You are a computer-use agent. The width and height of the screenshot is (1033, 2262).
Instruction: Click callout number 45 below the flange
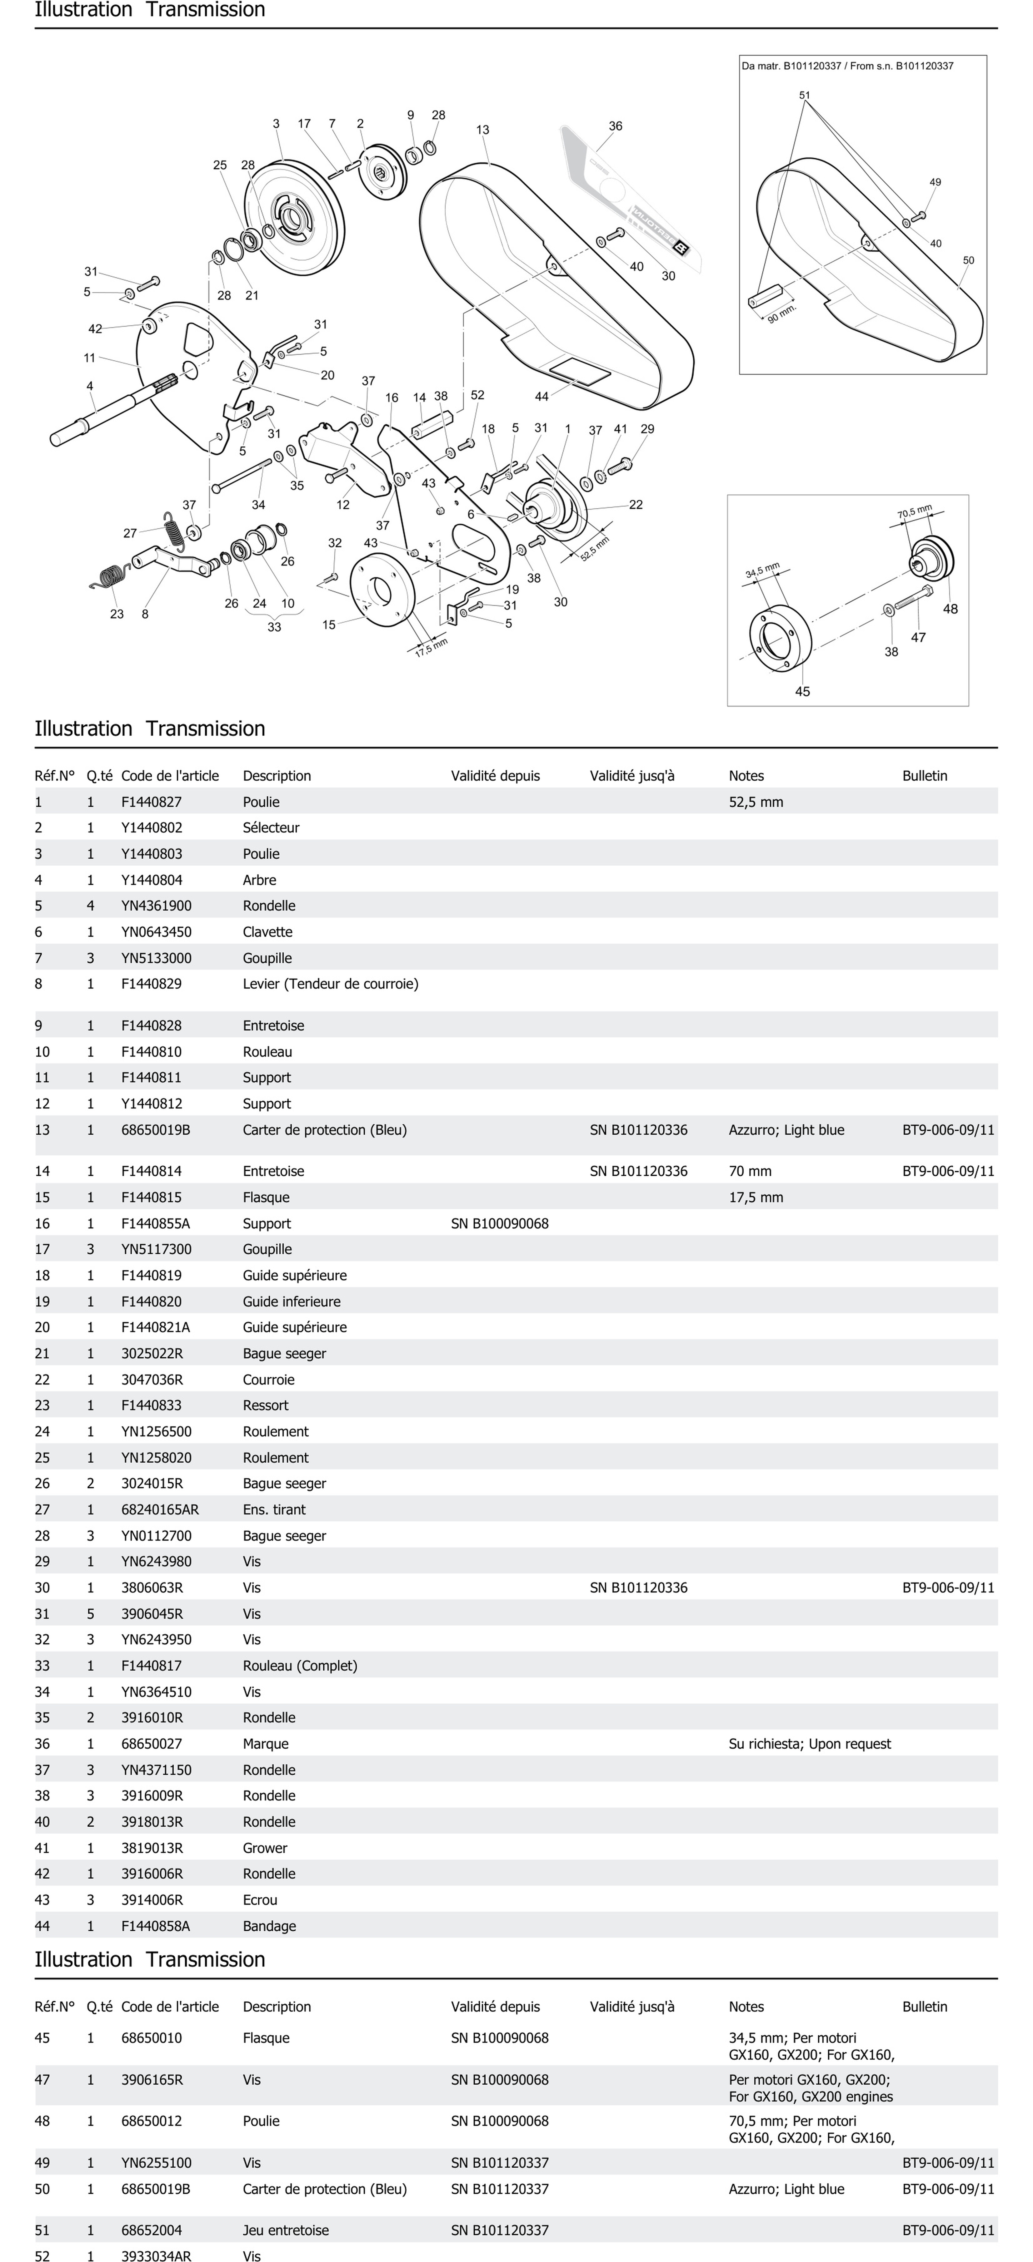click(x=802, y=692)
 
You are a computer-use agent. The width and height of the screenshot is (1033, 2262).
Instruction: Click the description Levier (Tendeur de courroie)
click(x=330, y=984)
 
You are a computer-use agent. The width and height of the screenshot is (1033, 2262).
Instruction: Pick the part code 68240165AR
click(x=160, y=1509)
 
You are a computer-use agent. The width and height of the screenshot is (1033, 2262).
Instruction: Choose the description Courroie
click(x=268, y=1380)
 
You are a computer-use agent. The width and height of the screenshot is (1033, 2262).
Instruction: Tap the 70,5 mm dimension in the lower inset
click(x=914, y=511)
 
